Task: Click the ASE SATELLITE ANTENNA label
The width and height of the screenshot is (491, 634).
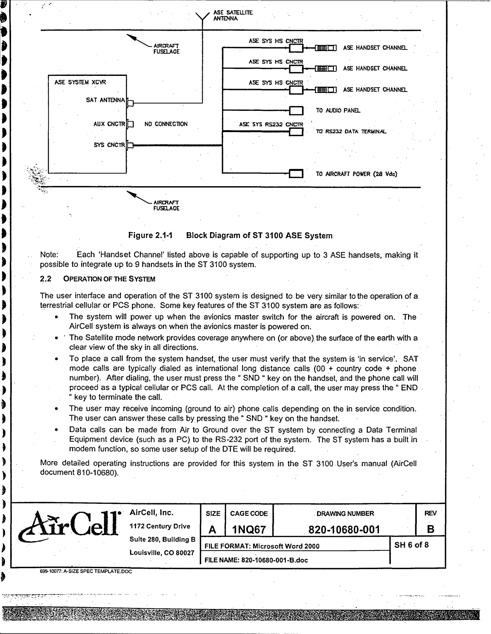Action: tap(233, 16)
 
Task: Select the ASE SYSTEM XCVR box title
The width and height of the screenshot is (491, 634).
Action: tap(80, 82)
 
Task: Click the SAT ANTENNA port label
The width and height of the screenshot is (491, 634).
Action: tap(105, 100)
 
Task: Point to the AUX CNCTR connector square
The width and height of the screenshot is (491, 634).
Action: tap(131, 124)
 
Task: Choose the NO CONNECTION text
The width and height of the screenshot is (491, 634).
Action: tap(166, 124)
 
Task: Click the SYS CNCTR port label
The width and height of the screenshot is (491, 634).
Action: tap(109, 145)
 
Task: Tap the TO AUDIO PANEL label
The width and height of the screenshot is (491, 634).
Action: tap(338, 111)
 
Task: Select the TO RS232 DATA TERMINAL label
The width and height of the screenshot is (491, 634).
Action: tap(351, 131)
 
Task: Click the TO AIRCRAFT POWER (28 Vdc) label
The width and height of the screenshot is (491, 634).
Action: tap(356, 174)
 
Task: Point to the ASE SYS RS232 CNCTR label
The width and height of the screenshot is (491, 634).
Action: tap(271, 124)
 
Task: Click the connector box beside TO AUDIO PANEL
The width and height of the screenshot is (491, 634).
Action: tap(296, 111)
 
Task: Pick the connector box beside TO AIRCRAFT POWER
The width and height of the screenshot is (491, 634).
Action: tap(296, 173)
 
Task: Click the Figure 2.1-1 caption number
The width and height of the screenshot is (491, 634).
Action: tap(150, 235)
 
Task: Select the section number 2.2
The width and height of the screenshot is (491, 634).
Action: tap(46, 279)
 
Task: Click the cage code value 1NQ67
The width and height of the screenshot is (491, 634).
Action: tap(249, 530)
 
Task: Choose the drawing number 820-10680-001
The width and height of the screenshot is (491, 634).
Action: tap(344, 530)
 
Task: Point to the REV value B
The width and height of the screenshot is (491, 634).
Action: tap(430, 529)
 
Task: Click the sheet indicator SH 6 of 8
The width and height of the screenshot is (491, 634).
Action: tap(411, 545)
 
